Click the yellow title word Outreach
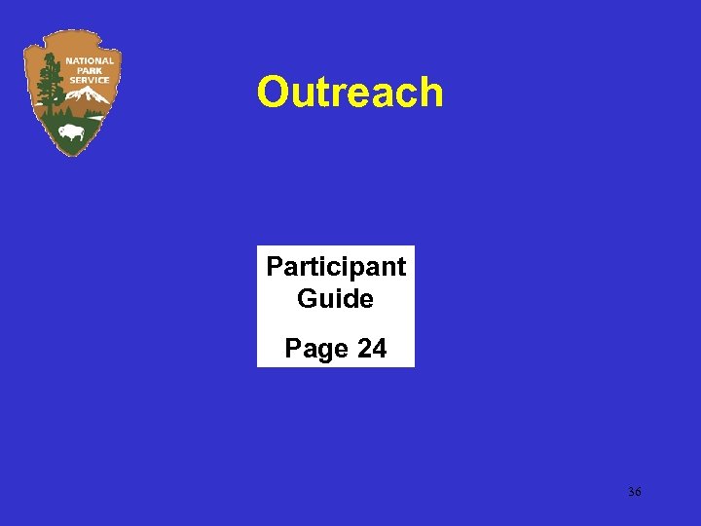click(x=350, y=93)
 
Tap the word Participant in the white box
click(x=336, y=266)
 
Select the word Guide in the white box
click(x=336, y=298)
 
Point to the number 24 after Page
click(x=372, y=348)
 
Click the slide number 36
click(x=635, y=493)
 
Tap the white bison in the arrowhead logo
click(x=71, y=131)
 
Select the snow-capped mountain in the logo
click(x=89, y=95)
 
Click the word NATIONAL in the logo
click(x=90, y=60)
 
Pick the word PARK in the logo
click(x=90, y=70)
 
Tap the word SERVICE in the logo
click(x=90, y=79)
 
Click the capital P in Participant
click(x=275, y=266)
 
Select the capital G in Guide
click(x=307, y=298)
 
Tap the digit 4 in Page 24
click(x=379, y=348)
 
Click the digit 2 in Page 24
click(x=364, y=348)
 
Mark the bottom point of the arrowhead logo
click(x=70, y=156)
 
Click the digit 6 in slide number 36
click(x=638, y=493)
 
